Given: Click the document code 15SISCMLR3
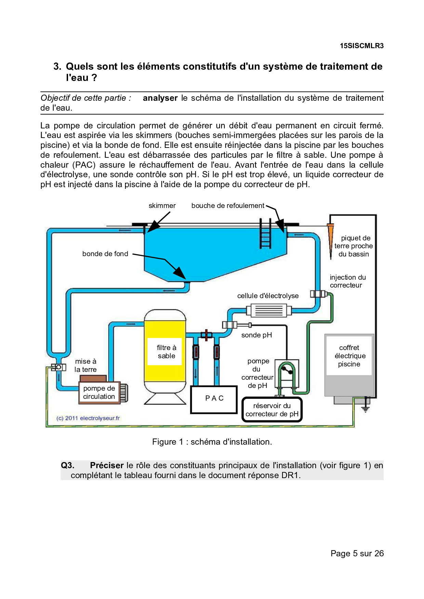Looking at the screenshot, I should pyautogui.click(x=361, y=46).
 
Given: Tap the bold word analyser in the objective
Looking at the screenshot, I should pyautogui.click(x=160, y=98).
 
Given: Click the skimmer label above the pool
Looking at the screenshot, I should pyautogui.click(x=162, y=206).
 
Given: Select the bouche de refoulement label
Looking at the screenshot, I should pyautogui.click(x=228, y=206).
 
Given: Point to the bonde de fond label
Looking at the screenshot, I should pyautogui.click(x=105, y=254).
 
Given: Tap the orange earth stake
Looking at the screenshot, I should pyautogui.click(x=331, y=239).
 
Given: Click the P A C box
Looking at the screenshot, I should pyautogui.click(x=214, y=399).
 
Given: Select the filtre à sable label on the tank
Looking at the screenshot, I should pyautogui.click(x=166, y=352).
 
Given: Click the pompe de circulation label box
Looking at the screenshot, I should pyautogui.click(x=99, y=392).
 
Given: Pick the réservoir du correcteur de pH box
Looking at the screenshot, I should pyautogui.click(x=272, y=410).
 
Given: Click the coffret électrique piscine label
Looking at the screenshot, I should pyautogui.click(x=349, y=356).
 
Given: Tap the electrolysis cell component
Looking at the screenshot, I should pyautogui.click(x=269, y=311).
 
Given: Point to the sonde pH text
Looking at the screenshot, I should pyautogui.click(x=256, y=335).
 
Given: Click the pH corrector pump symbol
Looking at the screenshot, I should pyautogui.click(x=287, y=374).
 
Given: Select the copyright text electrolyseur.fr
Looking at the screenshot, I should pyautogui.click(x=88, y=418).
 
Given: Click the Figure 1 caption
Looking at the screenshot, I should pyautogui.click(x=212, y=442).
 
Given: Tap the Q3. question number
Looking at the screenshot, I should pyautogui.click(x=67, y=465).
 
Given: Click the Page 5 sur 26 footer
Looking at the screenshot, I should pyautogui.click(x=357, y=554).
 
